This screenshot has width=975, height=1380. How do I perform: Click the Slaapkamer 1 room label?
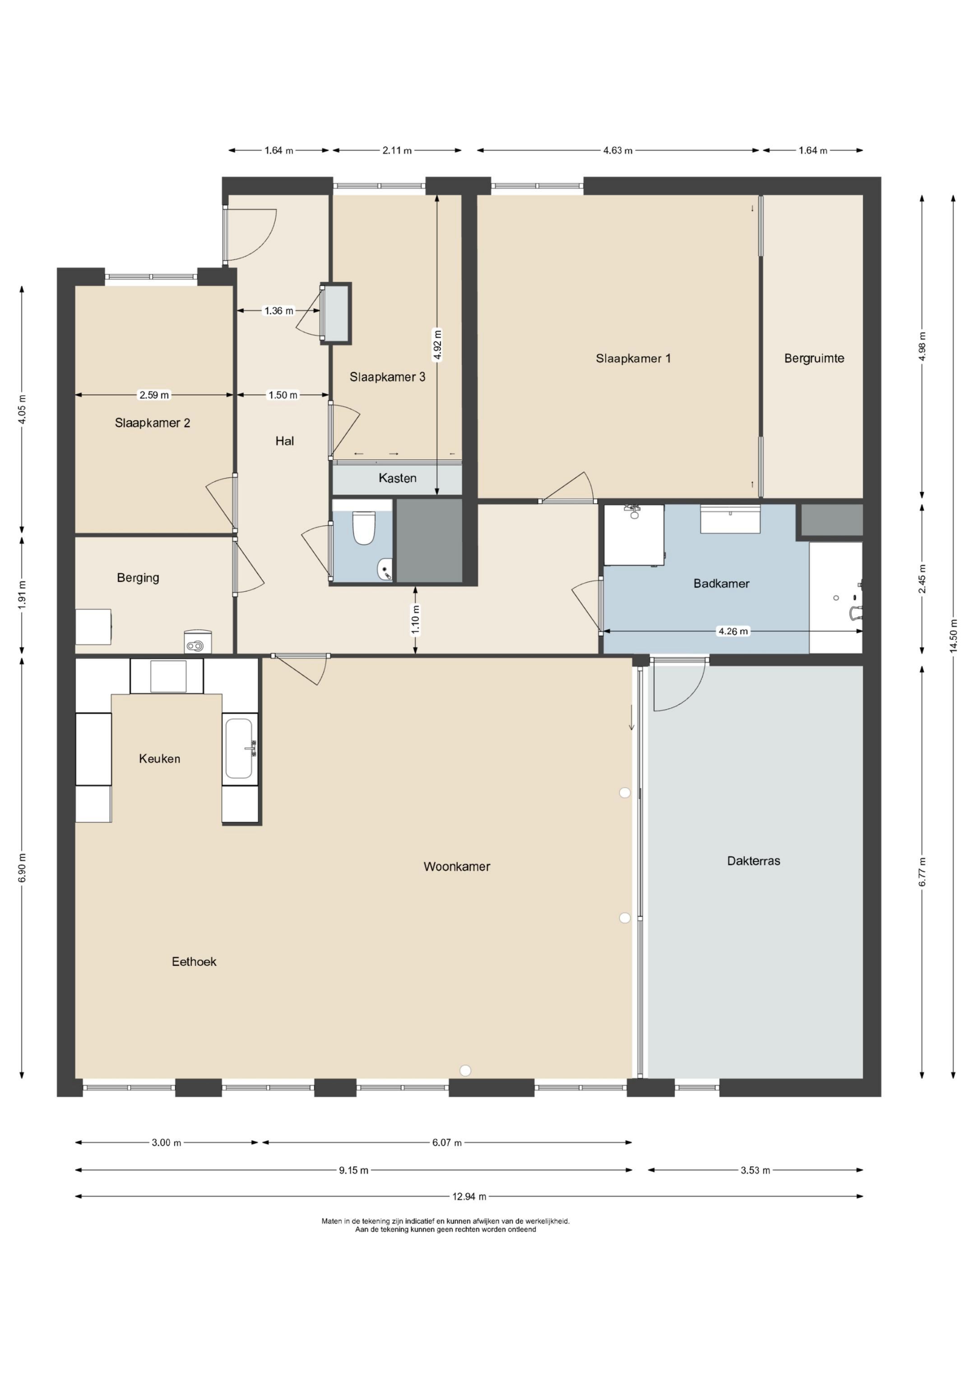click(x=633, y=359)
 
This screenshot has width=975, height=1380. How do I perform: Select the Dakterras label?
click(x=753, y=861)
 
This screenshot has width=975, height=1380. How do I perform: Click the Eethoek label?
click(x=194, y=962)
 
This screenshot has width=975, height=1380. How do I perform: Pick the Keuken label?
click(x=159, y=758)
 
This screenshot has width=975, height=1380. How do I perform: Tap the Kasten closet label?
click(x=397, y=478)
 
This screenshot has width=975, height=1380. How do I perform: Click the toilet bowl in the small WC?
click(x=363, y=528)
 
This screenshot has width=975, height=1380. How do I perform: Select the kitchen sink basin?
click(x=239, y=749)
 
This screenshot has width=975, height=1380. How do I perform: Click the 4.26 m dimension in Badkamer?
click(x=733, y=631)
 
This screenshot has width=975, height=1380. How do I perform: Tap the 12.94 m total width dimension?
click(x=469, y=1196)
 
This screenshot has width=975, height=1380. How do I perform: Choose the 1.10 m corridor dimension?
click(x=415, y=620)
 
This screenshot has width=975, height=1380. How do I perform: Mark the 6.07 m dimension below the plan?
click(x=447, y=1142)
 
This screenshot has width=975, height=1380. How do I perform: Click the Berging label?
click(x=138, y=578)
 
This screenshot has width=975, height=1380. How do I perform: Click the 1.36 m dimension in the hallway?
click(x=279, y=311)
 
